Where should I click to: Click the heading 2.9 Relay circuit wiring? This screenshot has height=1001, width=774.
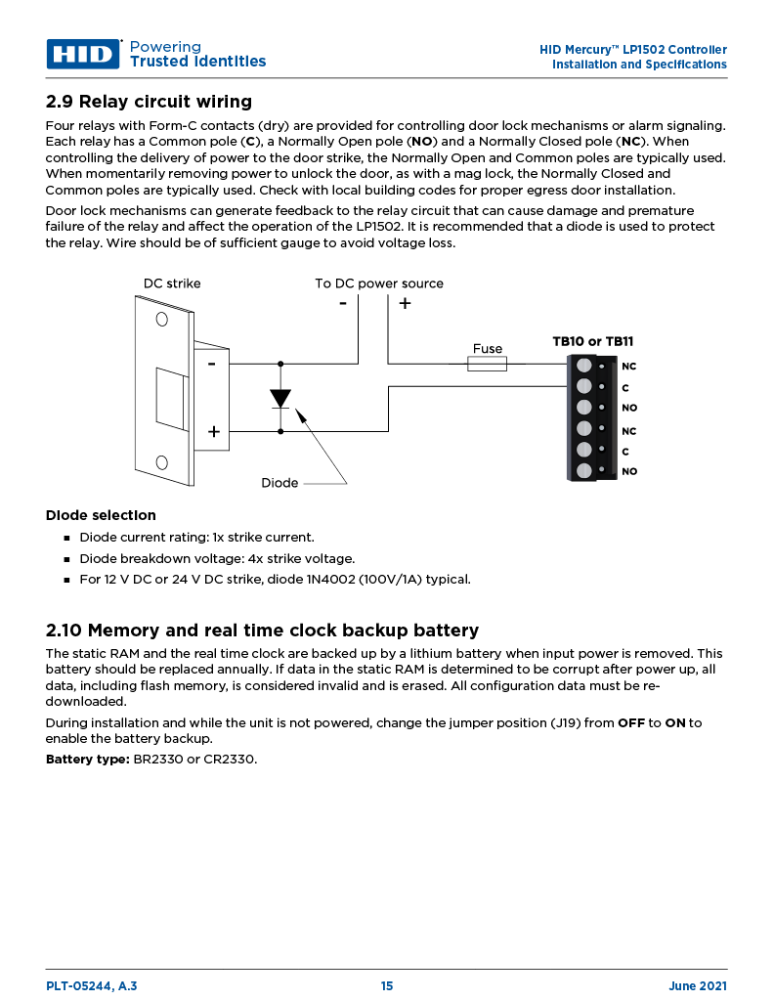[149, 102]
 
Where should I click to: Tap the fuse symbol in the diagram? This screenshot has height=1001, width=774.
[487, 365]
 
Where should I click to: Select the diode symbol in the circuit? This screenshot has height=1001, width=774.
[280, 399]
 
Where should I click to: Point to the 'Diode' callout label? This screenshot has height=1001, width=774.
[279, 483]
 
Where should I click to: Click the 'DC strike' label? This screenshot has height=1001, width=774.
[172, 283]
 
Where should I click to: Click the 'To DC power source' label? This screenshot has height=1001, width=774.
[378, 283]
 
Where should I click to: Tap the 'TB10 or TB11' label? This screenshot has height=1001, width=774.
[592, 341]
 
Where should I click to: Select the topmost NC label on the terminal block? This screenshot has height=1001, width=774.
[628, 367]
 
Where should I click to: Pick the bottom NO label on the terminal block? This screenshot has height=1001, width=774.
[628, 471]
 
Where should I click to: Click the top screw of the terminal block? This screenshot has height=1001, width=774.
[584, 366]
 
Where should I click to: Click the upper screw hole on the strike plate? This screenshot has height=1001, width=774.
[160, 319]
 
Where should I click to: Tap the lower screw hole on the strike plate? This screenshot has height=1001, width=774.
[160, 463]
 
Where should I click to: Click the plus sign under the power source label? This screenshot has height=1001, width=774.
[405, 303]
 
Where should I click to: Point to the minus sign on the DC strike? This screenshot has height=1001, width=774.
[211, 363]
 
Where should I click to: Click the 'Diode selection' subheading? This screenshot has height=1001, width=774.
[101, 515]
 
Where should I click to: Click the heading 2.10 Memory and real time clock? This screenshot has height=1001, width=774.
[262, 631]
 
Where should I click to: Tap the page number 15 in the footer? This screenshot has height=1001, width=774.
[387, 986]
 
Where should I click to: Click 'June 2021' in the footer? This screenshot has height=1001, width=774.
[697, 986]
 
